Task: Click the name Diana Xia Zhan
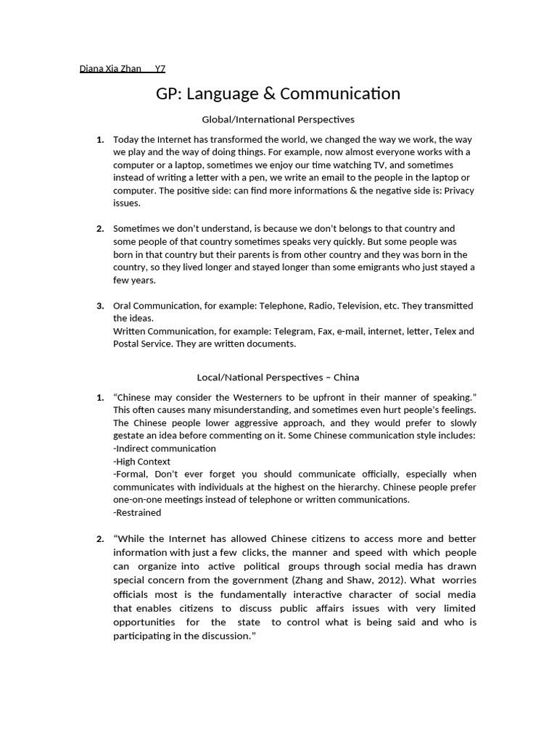coord(110,69)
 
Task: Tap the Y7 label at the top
coord(160,69)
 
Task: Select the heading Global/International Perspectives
coord(278,119)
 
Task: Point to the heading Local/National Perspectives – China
coord(278,377)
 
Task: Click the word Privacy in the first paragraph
coord(458,191)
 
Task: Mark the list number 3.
coord(100,305)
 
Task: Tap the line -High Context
coord(142,461)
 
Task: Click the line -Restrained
coord(137,512)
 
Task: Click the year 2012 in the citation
coord(398,580)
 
